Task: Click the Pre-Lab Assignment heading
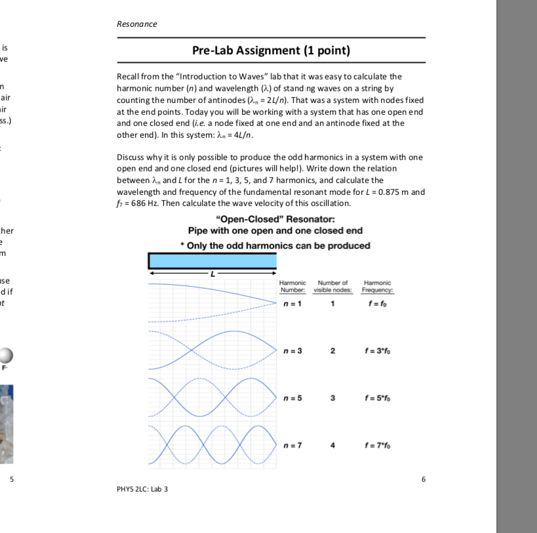tap(271, 51)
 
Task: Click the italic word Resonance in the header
tap(136, 24)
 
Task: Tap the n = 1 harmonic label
tap(292, 304)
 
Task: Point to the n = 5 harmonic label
tap(292, 398)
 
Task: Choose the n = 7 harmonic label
tap(292, 446)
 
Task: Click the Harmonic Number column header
tap(293, 286)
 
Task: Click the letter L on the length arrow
tap(212, 273)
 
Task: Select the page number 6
tap(423, 479)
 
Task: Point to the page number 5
tap(11, 479)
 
